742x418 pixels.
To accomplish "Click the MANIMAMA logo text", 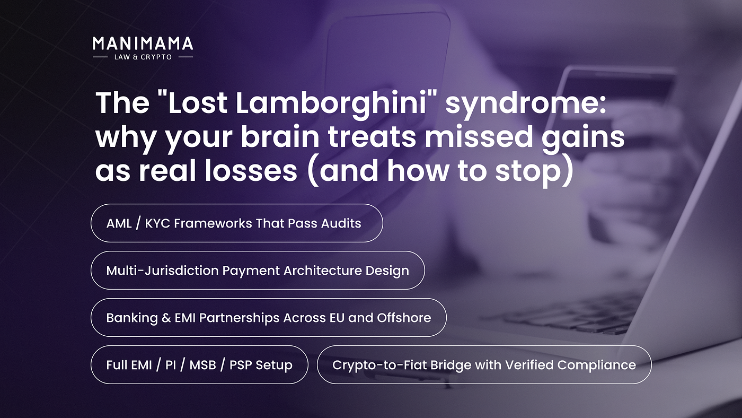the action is coord(143,43).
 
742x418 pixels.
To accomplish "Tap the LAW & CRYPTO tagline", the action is coord(143,57).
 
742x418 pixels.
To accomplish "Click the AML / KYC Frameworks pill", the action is coord(237,223).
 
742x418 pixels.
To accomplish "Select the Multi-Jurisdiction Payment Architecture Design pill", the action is coord(258,271).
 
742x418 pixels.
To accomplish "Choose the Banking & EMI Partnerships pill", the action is coord(269,318).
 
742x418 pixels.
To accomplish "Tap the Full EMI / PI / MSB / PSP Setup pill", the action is coord(199,364).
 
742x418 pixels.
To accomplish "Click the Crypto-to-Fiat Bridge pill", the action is coord(484,364).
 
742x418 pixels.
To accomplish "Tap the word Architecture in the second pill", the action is coord(323,271).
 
